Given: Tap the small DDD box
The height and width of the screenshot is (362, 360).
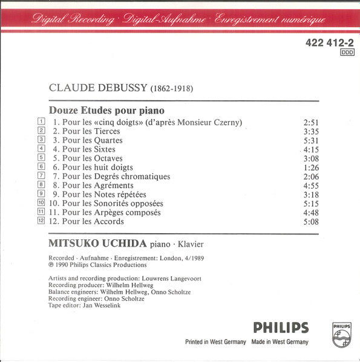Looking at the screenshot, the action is (x=347, y=53).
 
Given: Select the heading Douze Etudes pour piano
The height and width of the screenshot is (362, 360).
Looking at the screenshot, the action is (x=106, y=111).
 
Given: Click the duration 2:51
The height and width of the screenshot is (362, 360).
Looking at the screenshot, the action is (x=310, y=122).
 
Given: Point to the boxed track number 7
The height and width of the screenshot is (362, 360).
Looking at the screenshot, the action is (x=41, y=175).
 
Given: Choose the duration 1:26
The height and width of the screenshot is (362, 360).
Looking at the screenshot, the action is (x=310, y=167).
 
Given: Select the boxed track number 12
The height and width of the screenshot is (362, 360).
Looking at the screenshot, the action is (x=41, y=221).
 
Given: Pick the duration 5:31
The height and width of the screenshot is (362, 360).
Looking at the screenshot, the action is (x=310, y=140).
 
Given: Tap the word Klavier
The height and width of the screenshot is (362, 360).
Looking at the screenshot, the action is (x=187, y=244).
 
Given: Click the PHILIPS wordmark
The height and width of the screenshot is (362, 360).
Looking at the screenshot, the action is (x=281, y=328).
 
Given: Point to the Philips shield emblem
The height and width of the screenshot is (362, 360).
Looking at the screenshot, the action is (x=341, y=334).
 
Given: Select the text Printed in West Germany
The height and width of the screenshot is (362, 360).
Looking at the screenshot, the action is (x=215, y=342).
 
